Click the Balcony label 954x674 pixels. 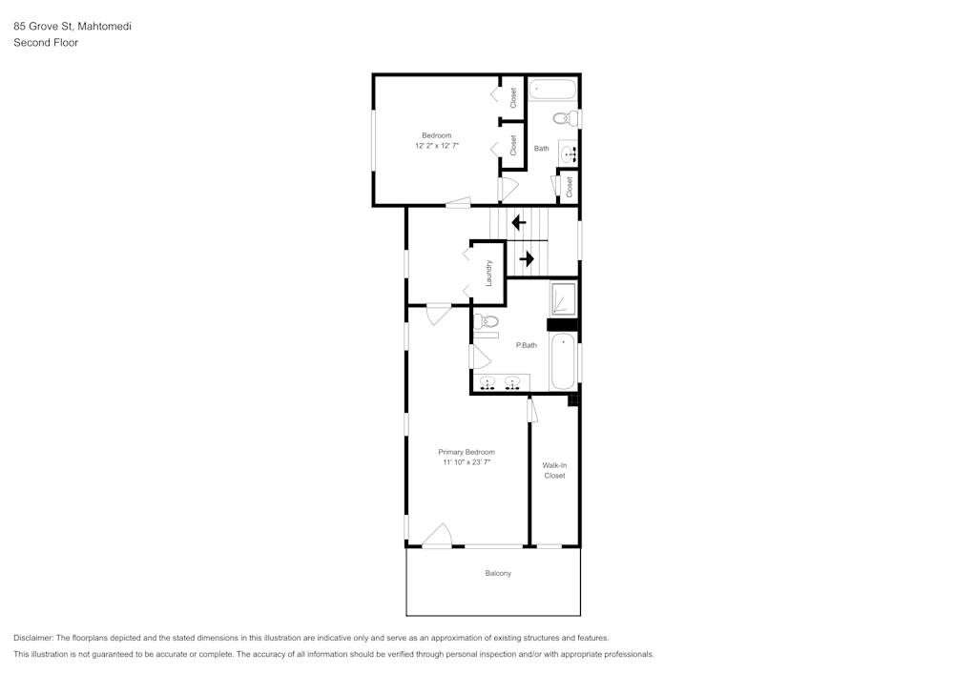(x=498, y=573)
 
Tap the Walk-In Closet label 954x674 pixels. (x=554, y=470)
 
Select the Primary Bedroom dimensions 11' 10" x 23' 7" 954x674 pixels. (x=467, y=462)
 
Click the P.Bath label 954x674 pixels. (x=527, y=345)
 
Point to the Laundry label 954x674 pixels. (x=488, y=274)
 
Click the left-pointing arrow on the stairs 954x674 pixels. (x=518, y=223)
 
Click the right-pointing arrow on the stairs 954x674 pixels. (x=526, y=258)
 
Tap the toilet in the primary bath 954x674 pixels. (x=485, y=324)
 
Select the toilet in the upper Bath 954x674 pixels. (x=564, y=119)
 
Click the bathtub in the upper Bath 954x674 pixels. (x=553, y=92)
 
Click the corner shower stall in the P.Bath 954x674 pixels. (x=563, y=299)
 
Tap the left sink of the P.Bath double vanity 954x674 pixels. (x=487, y=383)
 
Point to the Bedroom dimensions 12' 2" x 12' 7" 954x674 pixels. (x=437, y=146)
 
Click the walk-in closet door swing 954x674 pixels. (x=532, y=410)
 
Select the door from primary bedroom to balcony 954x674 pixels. (x=437, y=536)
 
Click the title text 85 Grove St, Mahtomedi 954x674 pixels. (x=73, y=27)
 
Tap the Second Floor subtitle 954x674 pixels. (x=46, y=43)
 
